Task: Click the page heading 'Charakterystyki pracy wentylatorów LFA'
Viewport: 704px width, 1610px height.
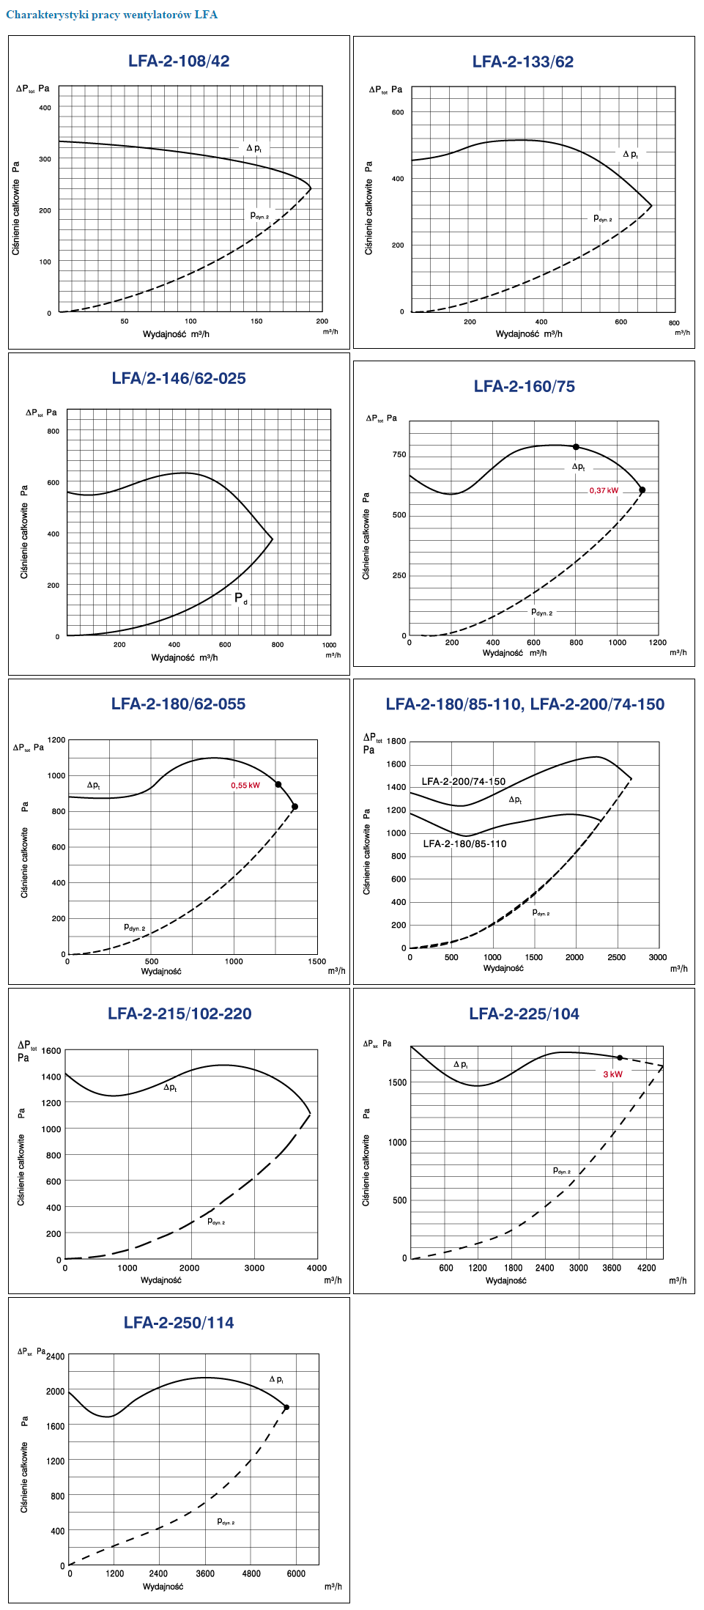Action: [x=111, y=15]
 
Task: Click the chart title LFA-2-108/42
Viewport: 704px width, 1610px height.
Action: [x=179, y=61]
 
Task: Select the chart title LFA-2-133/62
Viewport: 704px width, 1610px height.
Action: [x=523, y=62]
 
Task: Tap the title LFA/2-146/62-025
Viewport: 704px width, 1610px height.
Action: [x=179, y=378]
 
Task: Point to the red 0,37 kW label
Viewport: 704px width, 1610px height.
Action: [x=604, y=491]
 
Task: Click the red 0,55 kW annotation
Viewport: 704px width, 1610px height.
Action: [x=245, y=786]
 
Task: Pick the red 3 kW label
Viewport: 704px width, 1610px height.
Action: [x=612, y=1074]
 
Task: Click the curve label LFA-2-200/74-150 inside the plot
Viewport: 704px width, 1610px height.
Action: [x=464, y=781]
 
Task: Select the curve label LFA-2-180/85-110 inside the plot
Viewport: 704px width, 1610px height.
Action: [x=464, y=843]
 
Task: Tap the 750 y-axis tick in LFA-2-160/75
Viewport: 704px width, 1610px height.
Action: [x=399, y=454]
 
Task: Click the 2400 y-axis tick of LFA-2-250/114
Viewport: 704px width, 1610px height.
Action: [x=56, y=1356]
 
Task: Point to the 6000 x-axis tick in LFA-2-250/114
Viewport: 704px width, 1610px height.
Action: [x=296, y=1573]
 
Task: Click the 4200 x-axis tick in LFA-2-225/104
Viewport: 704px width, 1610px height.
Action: [x=646, y=1268]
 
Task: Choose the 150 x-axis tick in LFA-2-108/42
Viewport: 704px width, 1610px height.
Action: [x=256, y=321]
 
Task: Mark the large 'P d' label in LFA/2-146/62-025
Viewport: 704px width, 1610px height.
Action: [x=240, y=598]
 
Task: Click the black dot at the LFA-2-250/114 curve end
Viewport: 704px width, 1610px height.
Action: [x=286, y=1407]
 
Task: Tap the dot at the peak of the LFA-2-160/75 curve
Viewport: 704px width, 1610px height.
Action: [x=576, y=447]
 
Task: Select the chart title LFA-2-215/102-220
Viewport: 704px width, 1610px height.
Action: [x=179, y=1013]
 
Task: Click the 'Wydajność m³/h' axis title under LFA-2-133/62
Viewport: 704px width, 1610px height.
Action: [x=529, y=333]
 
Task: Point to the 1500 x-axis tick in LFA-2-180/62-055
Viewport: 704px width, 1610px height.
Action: [x=316, y=961]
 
